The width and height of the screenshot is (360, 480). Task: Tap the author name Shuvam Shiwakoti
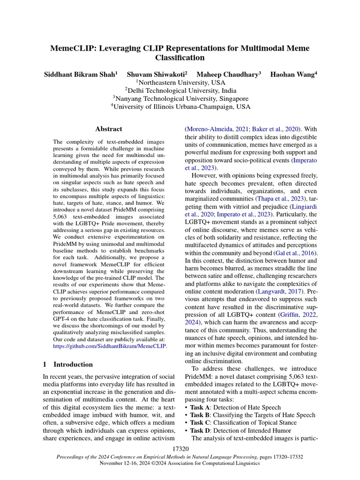[157, 74]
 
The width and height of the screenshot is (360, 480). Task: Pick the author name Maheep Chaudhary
[228, 74]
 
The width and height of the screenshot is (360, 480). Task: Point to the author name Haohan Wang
[293, 74]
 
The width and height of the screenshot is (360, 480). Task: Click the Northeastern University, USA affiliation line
[180, 82]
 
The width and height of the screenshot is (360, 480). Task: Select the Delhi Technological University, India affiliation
[180, 90]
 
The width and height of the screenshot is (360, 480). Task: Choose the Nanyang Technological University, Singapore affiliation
[180, 98]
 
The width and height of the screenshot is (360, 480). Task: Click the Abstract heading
[109, 129]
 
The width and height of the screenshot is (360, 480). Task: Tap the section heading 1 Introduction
[68, 364]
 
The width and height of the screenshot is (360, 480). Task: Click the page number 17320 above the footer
[180, 449]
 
